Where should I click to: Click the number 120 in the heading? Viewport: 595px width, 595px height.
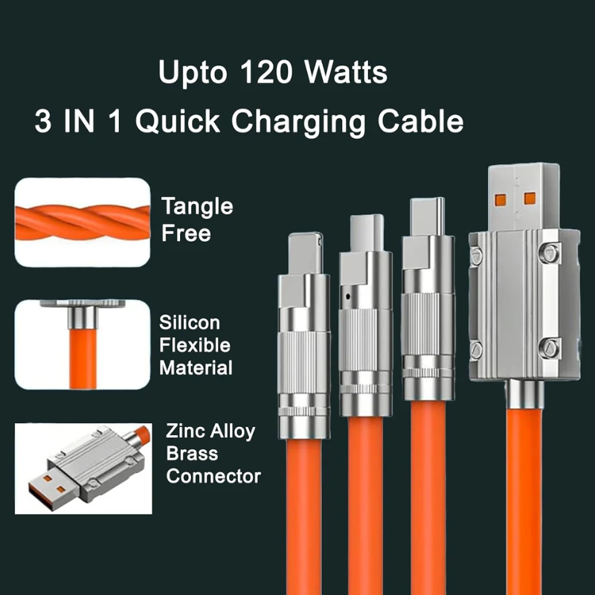[x=262, y=74]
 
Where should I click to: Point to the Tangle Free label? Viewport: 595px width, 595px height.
[x=196, y=219]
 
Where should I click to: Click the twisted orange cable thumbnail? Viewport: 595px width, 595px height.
[x=82, y=221]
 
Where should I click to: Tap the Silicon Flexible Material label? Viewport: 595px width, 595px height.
[x=195, y=345]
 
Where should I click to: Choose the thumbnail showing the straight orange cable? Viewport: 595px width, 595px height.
[x=82, y=345]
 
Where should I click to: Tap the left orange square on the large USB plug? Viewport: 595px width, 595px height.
[x=501, y=199]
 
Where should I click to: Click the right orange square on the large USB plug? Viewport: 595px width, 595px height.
[x=530, y=199]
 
